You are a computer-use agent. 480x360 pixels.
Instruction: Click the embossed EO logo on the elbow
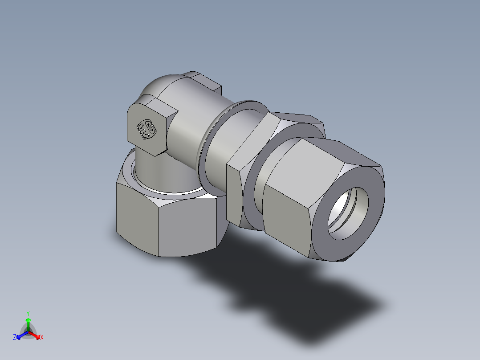tap(146, 129)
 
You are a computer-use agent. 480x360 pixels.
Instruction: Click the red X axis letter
tap(42, 338)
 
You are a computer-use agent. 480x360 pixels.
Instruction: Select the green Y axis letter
tap(28, 313)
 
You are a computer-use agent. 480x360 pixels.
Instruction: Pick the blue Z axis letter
tap(15, 338)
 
